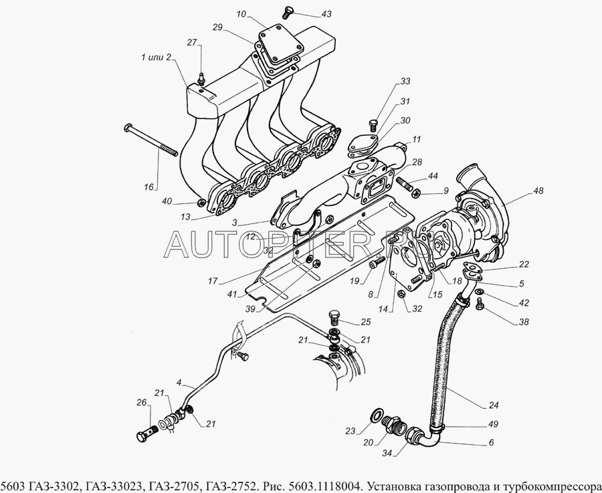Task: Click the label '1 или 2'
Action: pyautogui.click(x=156, y=58)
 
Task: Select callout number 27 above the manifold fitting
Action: pyautogui.click(x=192, y=43)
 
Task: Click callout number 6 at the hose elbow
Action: pyautogui.click(x=490, y=443)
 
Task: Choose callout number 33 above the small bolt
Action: pyautogui.click(x=405, y=82)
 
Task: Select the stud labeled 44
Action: pyautogui.click(x=407, y=181)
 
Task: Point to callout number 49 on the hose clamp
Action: pyautogui.click(x=494, y=425)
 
